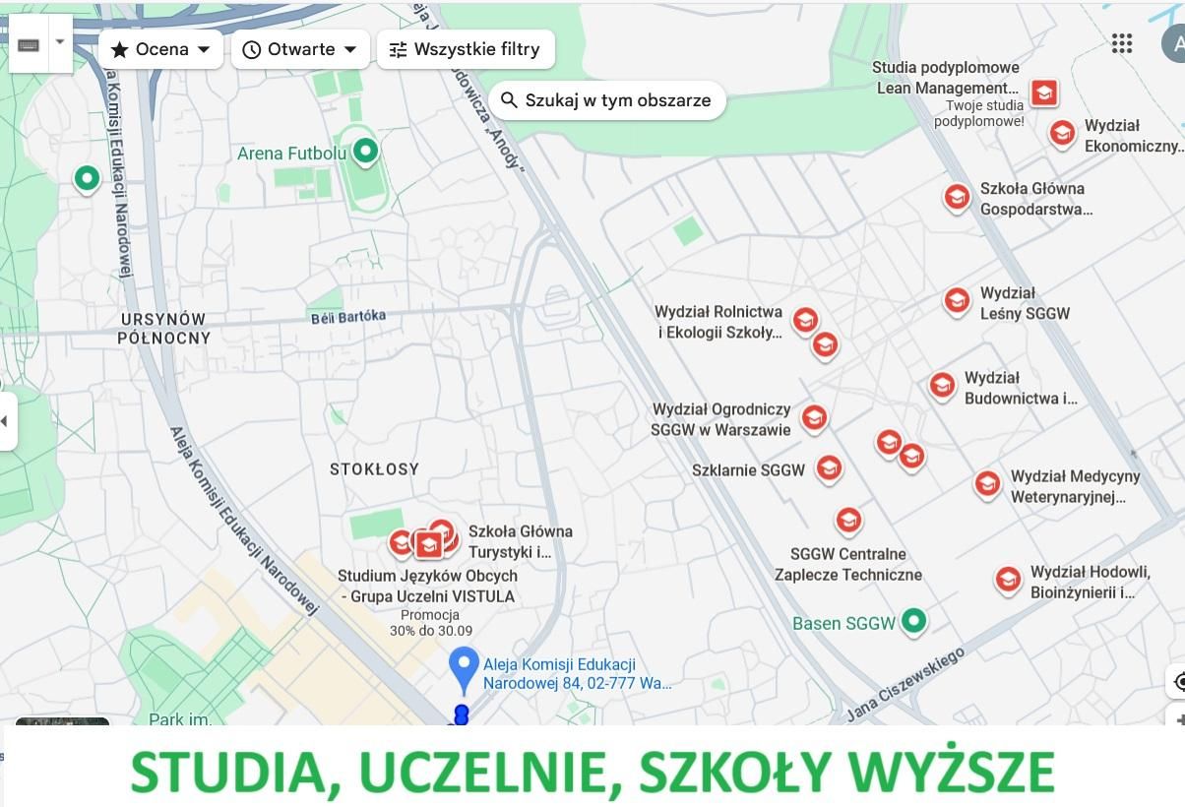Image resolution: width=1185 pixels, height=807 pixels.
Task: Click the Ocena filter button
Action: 160,49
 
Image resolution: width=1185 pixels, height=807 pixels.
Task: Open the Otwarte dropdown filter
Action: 300,49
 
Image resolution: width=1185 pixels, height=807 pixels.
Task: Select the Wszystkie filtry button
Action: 466,49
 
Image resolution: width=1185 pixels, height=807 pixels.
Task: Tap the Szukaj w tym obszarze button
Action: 606,100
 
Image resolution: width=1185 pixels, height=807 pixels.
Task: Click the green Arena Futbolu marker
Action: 366,152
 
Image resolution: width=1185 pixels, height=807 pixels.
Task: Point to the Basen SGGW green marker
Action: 915,621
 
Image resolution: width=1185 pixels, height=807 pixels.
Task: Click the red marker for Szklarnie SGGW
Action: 829,467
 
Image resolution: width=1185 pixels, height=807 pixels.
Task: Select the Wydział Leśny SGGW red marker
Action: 957,300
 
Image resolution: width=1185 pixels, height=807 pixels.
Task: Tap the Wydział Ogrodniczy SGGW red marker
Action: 814,418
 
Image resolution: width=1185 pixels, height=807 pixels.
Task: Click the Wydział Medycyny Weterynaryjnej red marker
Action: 987,483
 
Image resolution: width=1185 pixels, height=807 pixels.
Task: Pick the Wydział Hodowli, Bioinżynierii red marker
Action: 1008,579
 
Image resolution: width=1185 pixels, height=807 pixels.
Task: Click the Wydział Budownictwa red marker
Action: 942,385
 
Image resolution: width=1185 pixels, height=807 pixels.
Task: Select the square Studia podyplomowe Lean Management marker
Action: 1044,93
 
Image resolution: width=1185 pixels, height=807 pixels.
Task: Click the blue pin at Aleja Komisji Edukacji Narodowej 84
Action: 464,666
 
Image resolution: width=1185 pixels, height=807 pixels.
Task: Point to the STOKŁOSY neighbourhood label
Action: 374,469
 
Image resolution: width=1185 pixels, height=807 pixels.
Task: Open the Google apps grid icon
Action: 1121,43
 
